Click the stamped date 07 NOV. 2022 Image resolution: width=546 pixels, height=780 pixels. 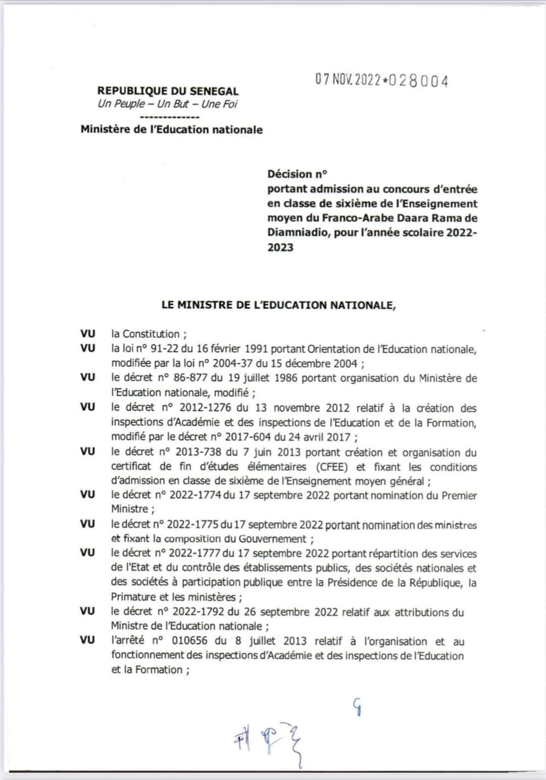point(348,80)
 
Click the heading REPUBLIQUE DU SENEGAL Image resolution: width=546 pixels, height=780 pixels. point(168,91)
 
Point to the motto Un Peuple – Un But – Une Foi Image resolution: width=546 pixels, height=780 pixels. point(167,104)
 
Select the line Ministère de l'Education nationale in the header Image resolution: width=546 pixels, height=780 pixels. point(171,130)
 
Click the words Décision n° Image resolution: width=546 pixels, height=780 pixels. point(297,174)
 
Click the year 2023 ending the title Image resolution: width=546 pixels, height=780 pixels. point(281,248)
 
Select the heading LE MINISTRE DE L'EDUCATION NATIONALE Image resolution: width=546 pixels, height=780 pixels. point(279,305)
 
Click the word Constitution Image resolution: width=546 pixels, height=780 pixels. point(151,334)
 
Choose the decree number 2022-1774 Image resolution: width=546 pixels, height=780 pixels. point(195,496)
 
